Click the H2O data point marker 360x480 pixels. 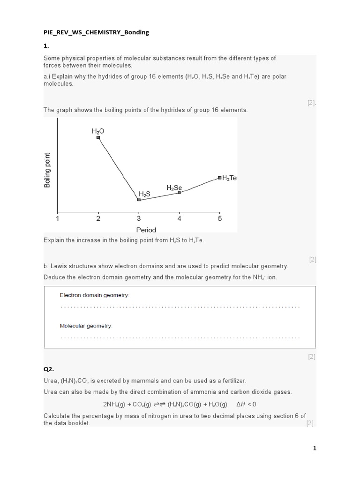pos(98,137)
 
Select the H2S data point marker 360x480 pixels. pos(139,200)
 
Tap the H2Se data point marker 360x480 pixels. pos(179,193)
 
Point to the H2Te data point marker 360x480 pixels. pos(219,178)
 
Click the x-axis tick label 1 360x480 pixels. pos(58,218)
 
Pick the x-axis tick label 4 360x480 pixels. pos(179,218)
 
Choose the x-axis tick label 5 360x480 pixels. pos(220,218)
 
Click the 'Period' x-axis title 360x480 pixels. pos(146,230)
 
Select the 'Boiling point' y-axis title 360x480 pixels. pos(47,170)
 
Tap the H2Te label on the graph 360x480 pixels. pos(230,178)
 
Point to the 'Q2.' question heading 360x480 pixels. pos(49,369)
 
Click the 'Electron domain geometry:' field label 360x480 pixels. pos(94,295)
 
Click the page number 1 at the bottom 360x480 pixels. pos(315,448)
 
